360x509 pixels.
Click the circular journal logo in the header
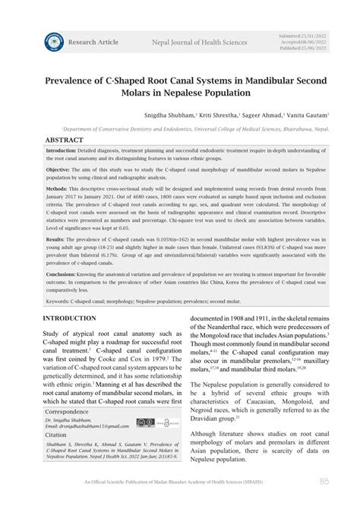(x=54, y=41)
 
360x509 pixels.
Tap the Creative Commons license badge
(x=144, y=422)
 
